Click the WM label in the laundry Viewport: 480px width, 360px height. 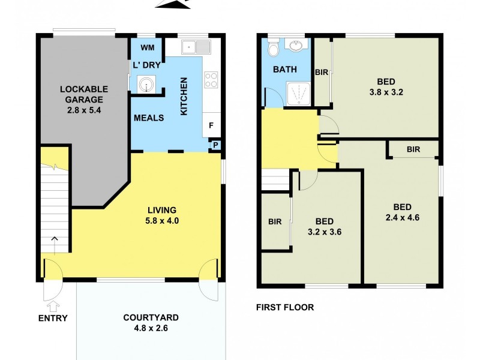click(x=146, y=47)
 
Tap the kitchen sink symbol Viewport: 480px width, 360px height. click(x=196, y=46)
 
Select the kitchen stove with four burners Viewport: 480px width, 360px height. click(x=211, y=80)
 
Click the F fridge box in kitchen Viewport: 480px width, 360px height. click(x=211, y=125)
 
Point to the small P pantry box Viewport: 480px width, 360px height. click(x=215, y=145)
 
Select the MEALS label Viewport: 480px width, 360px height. click(x=149, y=118)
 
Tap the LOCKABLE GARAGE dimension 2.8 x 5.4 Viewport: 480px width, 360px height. click(x=82, y=110)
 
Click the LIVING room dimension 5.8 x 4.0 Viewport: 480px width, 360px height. click(x=162, y=220)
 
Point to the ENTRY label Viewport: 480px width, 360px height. click(x=53, y=318)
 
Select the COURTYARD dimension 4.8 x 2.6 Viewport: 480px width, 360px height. click(x=151, y=328)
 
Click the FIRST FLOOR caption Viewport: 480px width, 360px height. click(x=285, y=307)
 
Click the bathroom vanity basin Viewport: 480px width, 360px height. click(x=295, y=46)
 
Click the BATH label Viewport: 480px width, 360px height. click(x=285, y=70)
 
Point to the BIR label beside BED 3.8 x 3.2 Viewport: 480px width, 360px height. click(x=322, y=72)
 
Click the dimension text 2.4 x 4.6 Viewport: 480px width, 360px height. click(x=402, y=218)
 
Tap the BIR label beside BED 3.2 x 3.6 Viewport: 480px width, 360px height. click(x=275, y=221)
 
